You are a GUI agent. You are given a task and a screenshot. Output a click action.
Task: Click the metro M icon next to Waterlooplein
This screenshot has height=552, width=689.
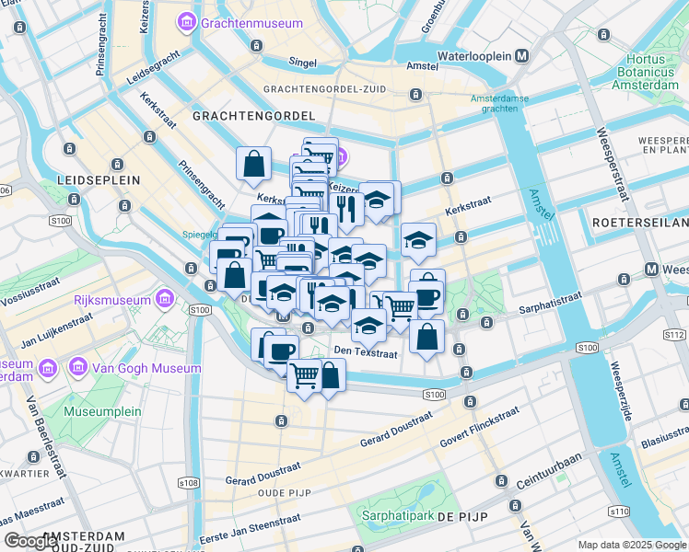(522, 56)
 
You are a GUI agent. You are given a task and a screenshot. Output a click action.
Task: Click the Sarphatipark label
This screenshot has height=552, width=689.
(398, 515)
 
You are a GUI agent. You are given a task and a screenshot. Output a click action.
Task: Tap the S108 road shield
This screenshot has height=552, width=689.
(188, 483)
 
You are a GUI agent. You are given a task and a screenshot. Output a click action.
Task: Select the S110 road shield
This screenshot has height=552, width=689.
(618, 512)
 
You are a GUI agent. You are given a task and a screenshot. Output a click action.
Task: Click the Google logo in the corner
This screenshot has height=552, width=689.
(30, 541)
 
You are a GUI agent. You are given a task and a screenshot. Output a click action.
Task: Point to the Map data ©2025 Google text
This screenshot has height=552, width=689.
(631, 545)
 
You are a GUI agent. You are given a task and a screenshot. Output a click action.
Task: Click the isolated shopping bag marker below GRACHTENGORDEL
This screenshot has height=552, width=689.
(253, 165)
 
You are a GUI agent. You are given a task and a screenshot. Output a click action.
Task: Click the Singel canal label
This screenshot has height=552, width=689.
(302, 63)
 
